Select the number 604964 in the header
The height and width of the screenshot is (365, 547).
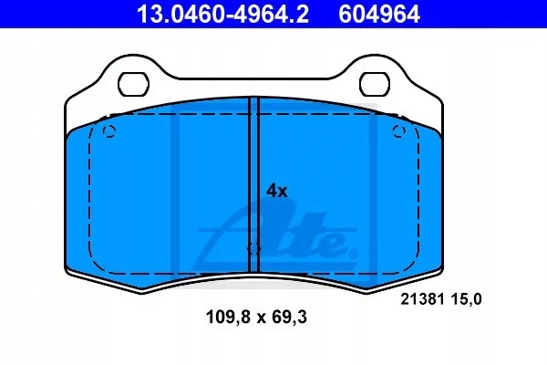(380, 14)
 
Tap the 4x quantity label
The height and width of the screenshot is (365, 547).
(276, 191)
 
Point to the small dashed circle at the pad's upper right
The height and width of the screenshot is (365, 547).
(398, 133)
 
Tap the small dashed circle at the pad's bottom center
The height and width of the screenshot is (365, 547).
(254, 249)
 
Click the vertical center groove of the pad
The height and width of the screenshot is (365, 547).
(254, 182)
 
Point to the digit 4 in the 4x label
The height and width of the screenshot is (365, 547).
(271, 191)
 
